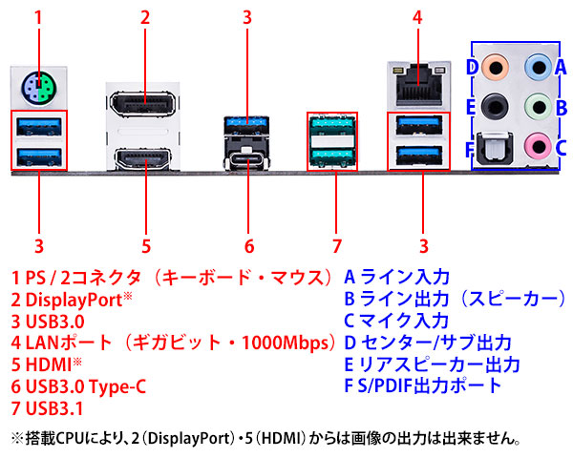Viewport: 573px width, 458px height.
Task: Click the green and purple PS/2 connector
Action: (x=38, y=91)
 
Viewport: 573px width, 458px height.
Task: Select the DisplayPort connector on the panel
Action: (x=145, y=105)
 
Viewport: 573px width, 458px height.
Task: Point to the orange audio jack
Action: (x=493, y=68)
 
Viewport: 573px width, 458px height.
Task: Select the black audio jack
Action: (x=493, y=106)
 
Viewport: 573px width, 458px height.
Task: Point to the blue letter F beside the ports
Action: (x=469, y=149)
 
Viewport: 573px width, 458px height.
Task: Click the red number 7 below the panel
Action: (x=337, y=245)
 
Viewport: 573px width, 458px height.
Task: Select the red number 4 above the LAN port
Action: (x=417, y=16)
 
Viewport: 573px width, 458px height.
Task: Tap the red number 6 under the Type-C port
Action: (x=246, y=245)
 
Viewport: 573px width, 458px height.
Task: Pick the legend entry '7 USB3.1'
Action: (x=49, y=408)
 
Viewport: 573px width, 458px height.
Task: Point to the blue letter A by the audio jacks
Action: (x=562, y=68)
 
